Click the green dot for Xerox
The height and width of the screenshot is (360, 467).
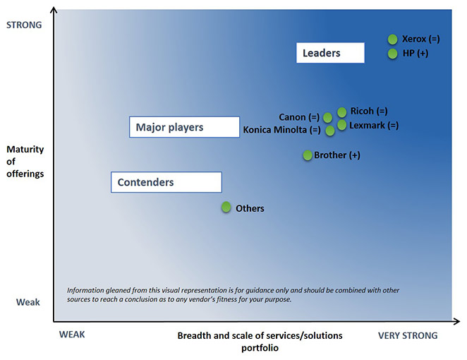[392, 39]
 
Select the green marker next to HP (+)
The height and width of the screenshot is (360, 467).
[392, 54]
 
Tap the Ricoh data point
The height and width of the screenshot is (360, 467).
[342, 112]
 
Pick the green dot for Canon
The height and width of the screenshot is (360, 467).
[327, 118]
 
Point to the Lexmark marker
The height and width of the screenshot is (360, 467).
[342, 125]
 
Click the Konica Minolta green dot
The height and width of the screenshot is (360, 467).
[330, 131]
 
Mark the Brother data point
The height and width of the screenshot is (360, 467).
[308, 155]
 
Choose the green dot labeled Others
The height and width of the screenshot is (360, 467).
[226, 207]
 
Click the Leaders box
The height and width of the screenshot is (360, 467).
[330, 53]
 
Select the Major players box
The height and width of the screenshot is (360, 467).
[184, 127]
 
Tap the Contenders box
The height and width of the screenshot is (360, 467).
[166, 182]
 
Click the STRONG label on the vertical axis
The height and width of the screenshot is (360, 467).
[24, 25]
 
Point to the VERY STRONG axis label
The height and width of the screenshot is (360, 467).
[408, 335]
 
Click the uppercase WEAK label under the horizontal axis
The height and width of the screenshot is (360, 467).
[72, 335]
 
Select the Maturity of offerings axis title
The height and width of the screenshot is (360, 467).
[25, 161]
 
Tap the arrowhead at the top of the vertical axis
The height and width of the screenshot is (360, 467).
[54, 10]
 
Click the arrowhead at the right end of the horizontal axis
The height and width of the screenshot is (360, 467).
[456, 321]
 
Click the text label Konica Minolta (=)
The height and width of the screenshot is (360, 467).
[281, 130]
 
